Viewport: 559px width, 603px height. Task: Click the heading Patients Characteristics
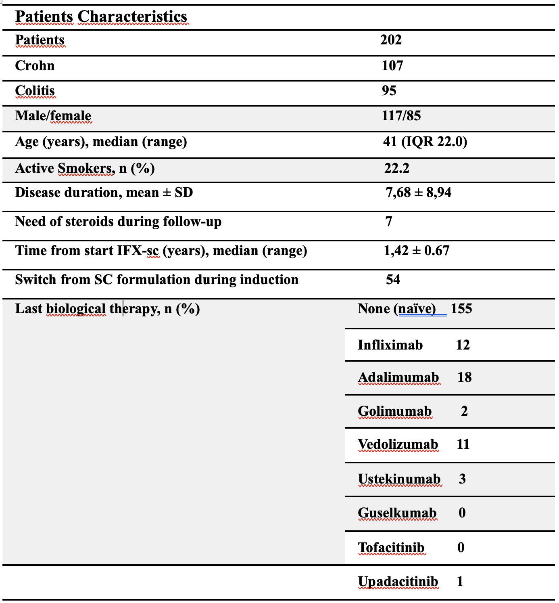pos(101,17)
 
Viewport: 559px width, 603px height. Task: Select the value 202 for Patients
pos(391,40)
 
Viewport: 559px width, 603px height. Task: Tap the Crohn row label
pos(35,65)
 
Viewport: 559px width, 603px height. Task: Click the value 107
pos(392,65)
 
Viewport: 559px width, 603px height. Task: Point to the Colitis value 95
pos(389,90)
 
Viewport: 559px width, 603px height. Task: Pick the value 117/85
pos(401,116)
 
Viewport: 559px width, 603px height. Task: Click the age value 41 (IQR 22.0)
pos(425,142)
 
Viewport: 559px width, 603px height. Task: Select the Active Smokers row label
pos(85,168)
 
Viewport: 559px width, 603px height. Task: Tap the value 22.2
pos(396,168)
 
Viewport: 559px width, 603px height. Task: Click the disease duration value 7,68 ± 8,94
pos(418,193)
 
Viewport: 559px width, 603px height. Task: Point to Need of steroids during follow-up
pos(118,222)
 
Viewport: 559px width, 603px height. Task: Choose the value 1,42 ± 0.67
pos(416,251)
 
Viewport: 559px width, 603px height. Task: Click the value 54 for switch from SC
pos(393,280)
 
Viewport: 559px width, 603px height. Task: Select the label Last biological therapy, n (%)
pos(107,309)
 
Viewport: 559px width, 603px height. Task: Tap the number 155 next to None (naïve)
pos(461,309)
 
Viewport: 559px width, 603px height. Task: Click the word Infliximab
pos(390,345)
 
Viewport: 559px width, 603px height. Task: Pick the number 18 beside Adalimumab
pos(464,377)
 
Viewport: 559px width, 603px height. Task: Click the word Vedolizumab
pos(398,444)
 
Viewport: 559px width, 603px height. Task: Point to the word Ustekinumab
pos(399,479)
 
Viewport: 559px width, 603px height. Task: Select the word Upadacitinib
pos(398,581)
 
